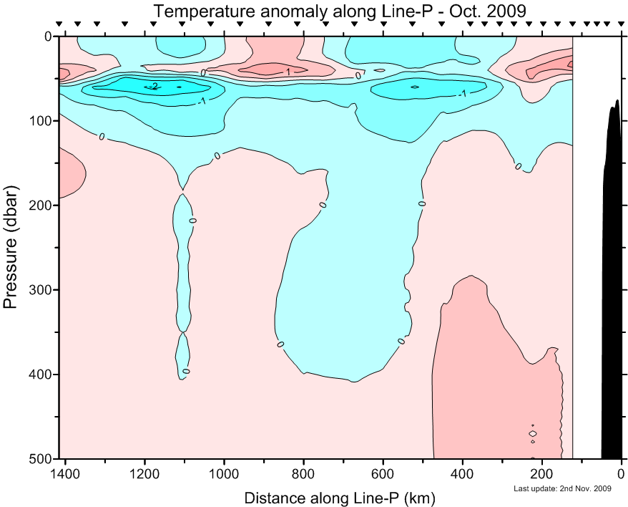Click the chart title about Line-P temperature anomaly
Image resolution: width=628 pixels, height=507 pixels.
pyautogui.click(x=339, y=11)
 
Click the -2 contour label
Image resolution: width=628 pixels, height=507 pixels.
pyautogui.click(x=153, y=87)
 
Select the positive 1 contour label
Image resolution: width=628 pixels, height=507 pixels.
pyautogui.click(x=288, y=72)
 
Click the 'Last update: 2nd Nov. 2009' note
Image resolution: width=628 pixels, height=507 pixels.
pyautogui.click(x=563, y=489)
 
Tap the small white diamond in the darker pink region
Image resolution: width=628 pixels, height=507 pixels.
pyautogui.click(x=533, y=433)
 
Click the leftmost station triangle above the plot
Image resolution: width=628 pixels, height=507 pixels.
pyautogui.click(x=59, y=24)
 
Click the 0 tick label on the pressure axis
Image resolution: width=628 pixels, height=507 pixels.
pyautogui.click(x=47, y=37)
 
